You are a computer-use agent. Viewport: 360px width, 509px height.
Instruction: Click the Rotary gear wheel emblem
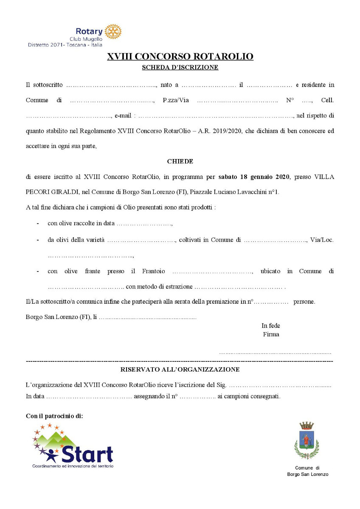(113, 32)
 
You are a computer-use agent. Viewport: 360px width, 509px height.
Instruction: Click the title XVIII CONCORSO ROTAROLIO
(180, 56)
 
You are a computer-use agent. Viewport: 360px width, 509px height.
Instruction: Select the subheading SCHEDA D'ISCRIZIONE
(180, 67)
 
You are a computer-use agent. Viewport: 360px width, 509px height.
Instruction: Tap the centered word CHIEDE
(180, 161)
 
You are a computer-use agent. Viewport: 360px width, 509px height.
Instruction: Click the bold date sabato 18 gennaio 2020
(254, 176)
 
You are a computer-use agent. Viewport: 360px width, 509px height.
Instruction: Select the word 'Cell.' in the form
(327, 100)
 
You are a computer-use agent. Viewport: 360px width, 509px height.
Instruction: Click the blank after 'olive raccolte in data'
(144, 224)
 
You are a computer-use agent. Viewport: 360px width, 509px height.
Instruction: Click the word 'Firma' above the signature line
(271, 334)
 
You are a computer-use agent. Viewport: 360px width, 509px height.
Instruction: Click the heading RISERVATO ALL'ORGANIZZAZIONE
(180, 369)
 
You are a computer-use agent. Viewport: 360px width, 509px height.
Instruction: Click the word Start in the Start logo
(87, 454)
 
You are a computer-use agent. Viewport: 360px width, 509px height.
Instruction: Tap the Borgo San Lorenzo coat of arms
(307, 441)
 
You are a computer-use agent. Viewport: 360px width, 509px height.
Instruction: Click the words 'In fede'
(271, 326)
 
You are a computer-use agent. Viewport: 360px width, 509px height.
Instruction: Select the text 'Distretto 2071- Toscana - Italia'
(65, 45)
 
